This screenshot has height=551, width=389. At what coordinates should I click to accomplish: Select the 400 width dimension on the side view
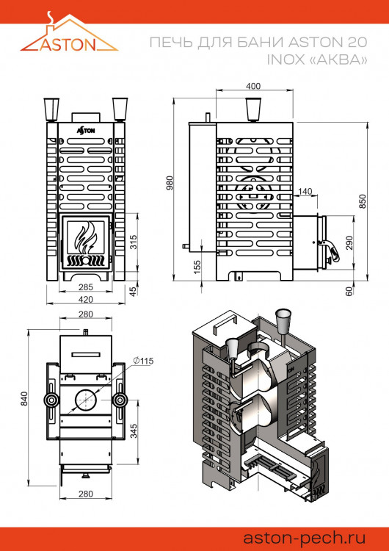(x=253, y=87)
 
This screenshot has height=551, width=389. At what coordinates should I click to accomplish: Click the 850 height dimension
(x=362, y=201)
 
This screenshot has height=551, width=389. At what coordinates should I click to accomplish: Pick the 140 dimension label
(x=305, y=192)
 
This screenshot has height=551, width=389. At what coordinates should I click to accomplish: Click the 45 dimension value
(x=133, y=291)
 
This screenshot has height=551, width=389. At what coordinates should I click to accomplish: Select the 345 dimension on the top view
(x=133, y=431)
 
